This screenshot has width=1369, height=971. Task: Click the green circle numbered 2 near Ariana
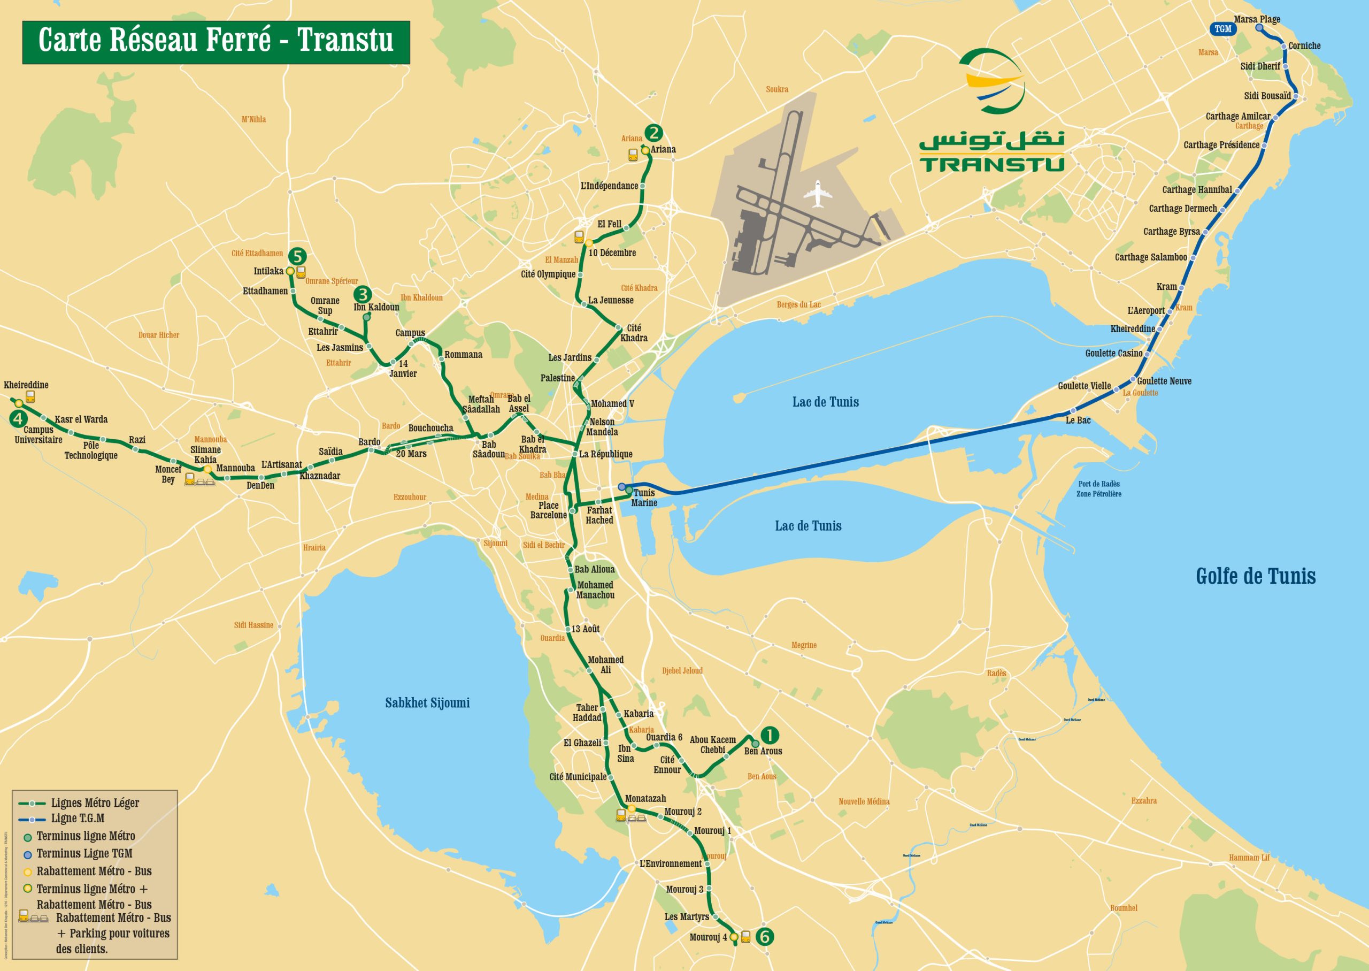653,133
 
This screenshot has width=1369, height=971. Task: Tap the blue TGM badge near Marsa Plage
1222,29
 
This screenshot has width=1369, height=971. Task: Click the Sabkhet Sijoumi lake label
427,703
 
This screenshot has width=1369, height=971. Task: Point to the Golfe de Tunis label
1256,576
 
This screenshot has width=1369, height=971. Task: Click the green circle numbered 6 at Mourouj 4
764,936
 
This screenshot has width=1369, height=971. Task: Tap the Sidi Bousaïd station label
1267,96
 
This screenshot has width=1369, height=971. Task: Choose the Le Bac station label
1078,420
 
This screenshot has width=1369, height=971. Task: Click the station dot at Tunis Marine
629,490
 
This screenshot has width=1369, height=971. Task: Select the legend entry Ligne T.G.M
77,818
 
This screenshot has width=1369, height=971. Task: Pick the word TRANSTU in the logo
992,164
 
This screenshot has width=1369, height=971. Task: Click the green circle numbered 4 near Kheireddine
18,419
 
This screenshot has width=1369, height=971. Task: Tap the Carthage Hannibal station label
1196,189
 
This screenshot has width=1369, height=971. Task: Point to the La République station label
605,454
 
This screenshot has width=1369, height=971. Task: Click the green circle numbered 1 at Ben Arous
769,735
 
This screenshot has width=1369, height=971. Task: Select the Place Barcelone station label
548,510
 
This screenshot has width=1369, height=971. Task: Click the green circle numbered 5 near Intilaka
297,256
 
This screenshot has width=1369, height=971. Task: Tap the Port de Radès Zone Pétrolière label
1099,488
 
